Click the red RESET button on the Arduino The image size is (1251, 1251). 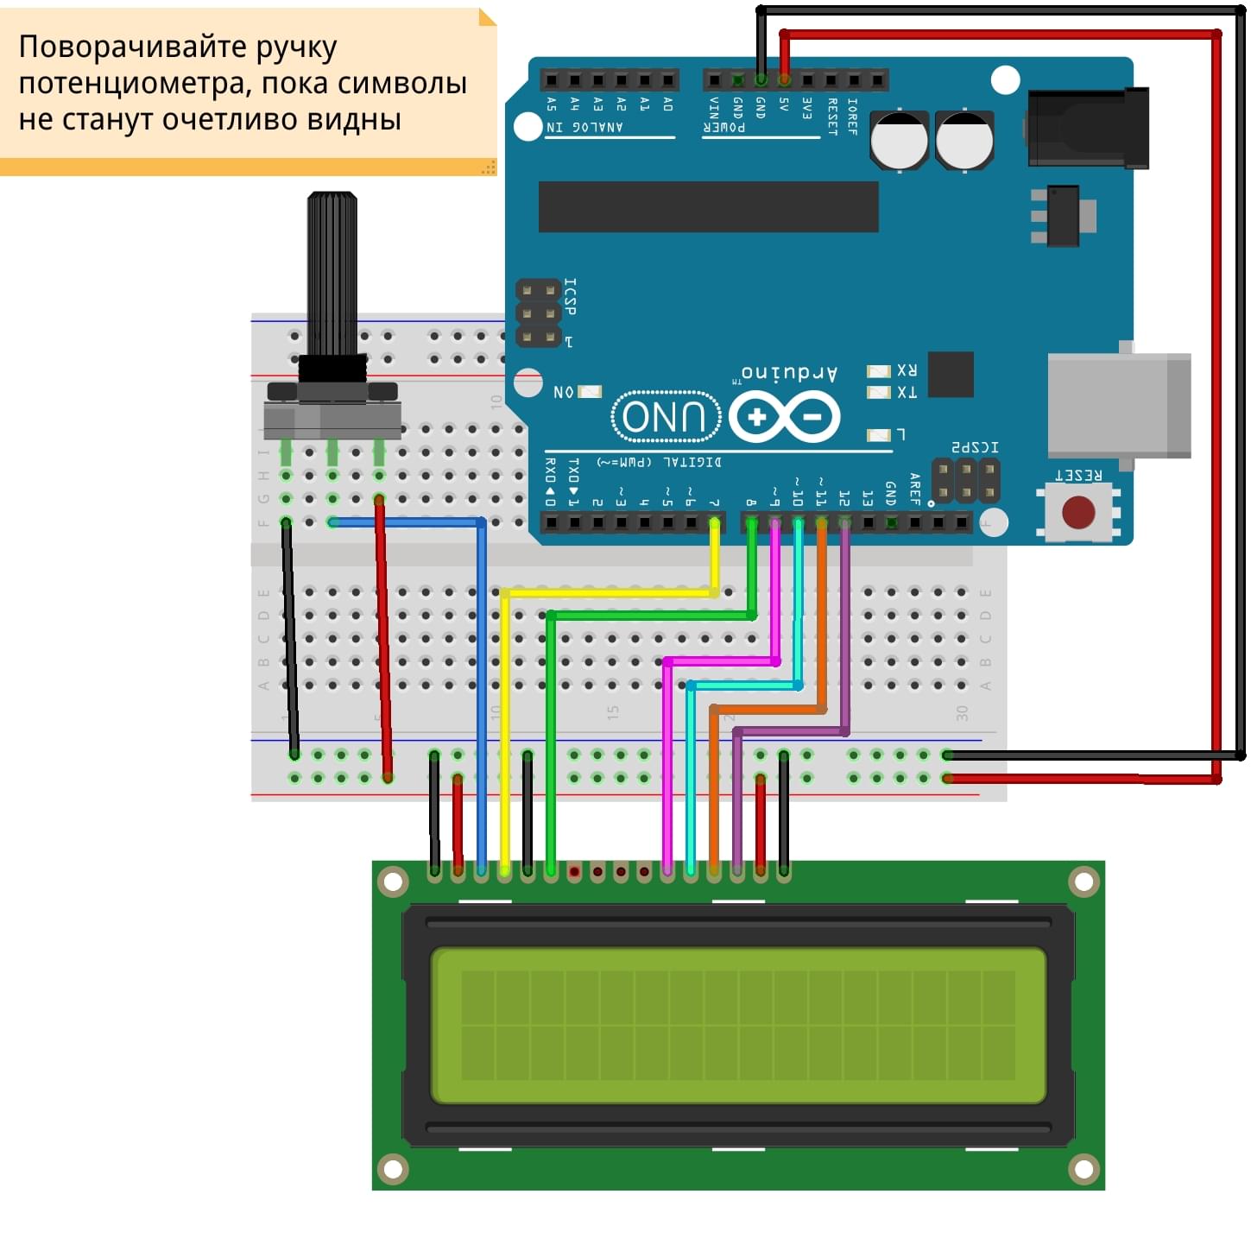coord(1078,512)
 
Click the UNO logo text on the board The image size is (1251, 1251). coord(666,416)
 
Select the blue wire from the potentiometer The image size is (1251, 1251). coord(481,691)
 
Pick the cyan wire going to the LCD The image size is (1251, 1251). coord(691,777)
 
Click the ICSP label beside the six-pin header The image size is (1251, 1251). coord(570,296)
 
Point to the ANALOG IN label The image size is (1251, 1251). coord(584,128)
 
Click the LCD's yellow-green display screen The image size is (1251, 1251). coord(738,1025)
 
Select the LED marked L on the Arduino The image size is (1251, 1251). coord(878,434)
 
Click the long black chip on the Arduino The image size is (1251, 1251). coord(708,206)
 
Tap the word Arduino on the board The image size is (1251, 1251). coord(789,373)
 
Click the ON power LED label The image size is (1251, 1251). coord(563,392)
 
